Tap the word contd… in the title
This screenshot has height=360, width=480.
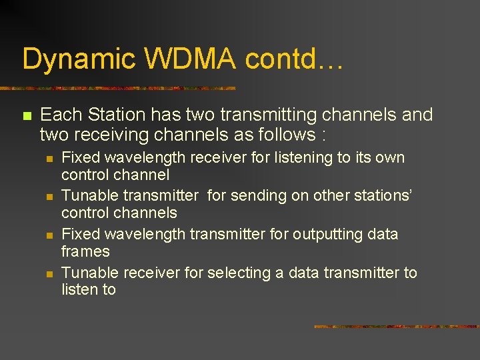294,59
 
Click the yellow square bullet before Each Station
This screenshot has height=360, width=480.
27,116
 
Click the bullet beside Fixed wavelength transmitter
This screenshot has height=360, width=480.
49,235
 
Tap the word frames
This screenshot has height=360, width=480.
85,251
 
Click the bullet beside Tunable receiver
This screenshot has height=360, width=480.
49,274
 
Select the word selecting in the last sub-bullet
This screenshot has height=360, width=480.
236,273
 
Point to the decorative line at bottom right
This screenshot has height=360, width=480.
396,327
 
